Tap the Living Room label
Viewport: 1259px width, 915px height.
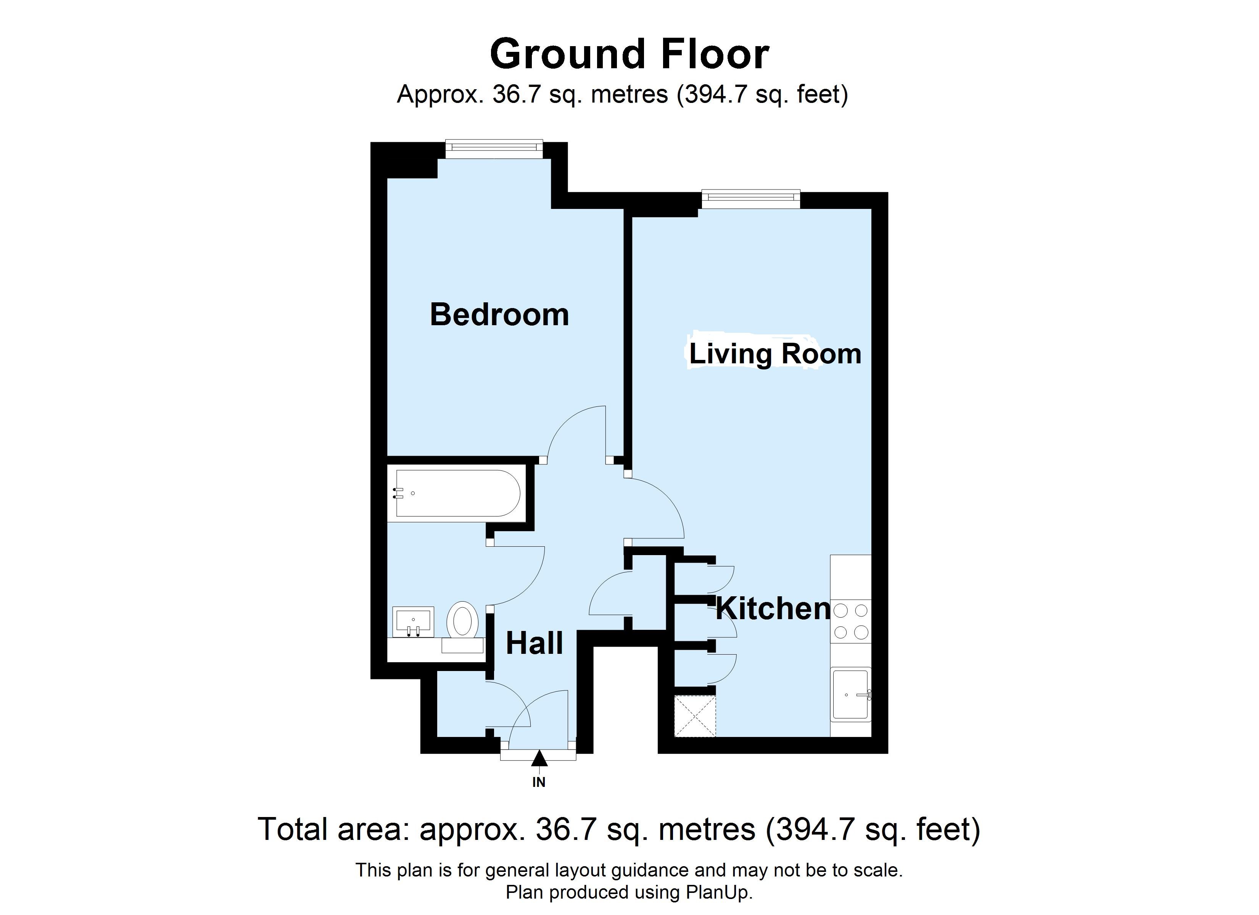point(775,354)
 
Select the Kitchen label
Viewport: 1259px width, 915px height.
point(773,609)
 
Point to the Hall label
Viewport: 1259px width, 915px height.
point(534,644)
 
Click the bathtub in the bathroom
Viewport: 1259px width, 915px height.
point(457,494)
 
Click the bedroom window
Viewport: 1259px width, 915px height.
point(494,146)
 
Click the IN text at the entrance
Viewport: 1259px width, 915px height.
point(539,782)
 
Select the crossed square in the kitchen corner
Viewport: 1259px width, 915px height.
point(695,716)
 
